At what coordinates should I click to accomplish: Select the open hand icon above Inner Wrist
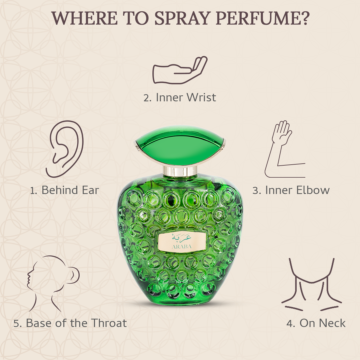pyautogui.click(x=180, y=70)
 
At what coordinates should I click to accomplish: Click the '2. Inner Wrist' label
pyautogui.click(x=180, y=97)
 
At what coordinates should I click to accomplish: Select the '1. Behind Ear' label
pyautogui.click(x=65, y=190)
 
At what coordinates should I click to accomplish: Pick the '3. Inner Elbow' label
pyautogui.click(x=291, y=190)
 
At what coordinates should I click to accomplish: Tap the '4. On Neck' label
pyautogui.click(x=316, y=323)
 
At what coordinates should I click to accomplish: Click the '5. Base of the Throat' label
pyautogui.click(x=70, y=323)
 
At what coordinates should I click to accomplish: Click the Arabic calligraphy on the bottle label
pyautogui.click(x=180, y=238)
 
